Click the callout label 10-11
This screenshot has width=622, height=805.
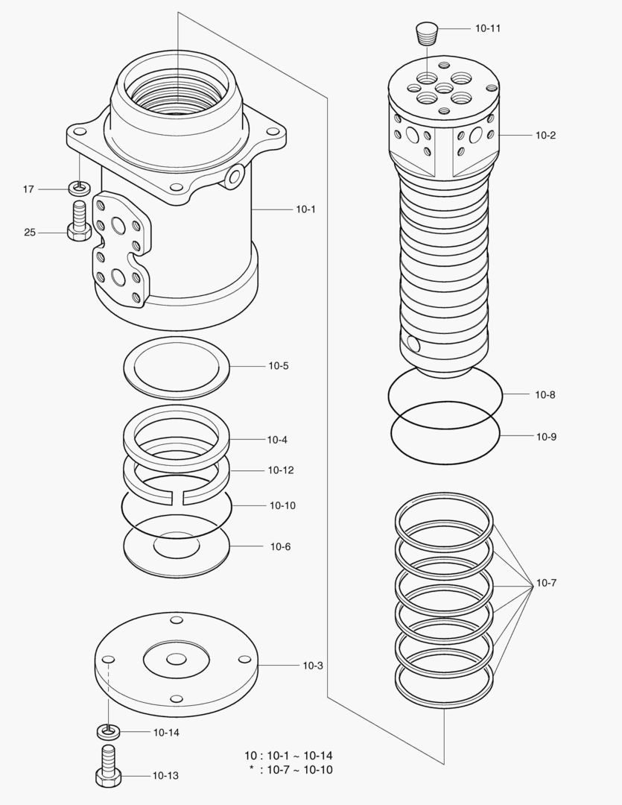(x=488, y=28)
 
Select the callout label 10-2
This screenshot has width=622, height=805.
(x=545, y=135)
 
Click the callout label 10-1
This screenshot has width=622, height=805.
(x=306, y=209)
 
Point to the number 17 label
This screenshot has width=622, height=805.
(x=28, y=189)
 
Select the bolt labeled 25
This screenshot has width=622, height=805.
(x=78, y=221)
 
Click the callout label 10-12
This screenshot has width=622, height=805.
(x=281, y=470)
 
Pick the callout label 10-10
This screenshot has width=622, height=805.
(x=282, y=505)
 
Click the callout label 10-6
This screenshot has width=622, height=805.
(x=280, y=546)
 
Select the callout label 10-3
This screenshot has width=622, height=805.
(x=313, y=665)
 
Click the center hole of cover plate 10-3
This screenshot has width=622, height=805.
(x=177, y=659)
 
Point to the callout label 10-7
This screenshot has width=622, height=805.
(x=546, y=583)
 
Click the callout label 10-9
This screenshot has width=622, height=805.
(x=546, y=437)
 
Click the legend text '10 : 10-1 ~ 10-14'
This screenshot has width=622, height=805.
(x=288, y=755)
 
